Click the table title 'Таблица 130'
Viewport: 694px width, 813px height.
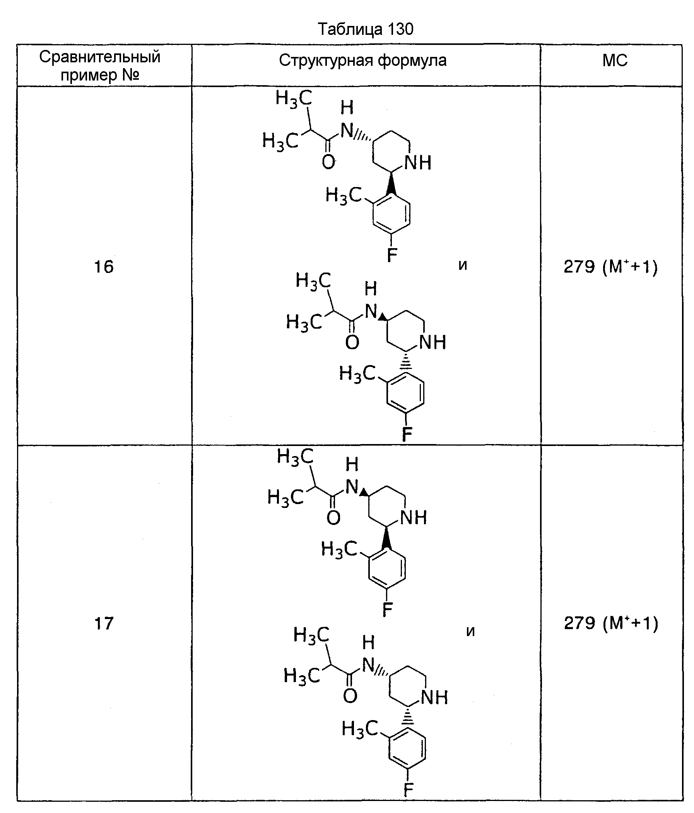[x=365, y=29]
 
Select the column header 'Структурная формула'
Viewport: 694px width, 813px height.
[x=363, y=60]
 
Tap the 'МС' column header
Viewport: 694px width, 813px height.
[x=614, y=60]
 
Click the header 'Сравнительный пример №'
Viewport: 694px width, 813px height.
[x=100, y=65]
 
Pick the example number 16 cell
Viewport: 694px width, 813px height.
[x=104, y=267]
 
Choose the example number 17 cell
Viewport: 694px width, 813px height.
[x=104, y=623]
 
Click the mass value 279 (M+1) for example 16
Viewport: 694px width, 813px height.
[x=610, y=267]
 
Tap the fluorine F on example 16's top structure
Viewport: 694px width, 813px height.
[x=392, y=256]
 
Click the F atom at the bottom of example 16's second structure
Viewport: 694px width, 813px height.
[x=407, y=434]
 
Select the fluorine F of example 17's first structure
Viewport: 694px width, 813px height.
[x=387, y=609]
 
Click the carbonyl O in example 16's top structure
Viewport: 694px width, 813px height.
[x=328, y=162]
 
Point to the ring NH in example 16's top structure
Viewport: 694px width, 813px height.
[x=418, y=163]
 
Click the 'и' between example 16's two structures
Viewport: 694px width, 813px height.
[x=463, y=265]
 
